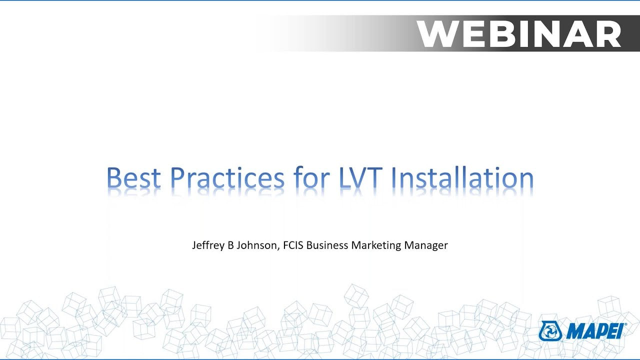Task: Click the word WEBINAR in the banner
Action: pos(519,33)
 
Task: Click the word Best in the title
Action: pos(133,177)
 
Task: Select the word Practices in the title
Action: pos(227,177)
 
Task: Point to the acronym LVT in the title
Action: pos(361,177)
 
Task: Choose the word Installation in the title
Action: pos(462,177)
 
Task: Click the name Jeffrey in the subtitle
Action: pos(208,245)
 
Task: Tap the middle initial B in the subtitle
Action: pos(231,245)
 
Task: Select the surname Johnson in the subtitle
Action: pos(256,245)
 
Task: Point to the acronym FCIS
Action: pos(293,245)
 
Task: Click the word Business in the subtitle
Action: pos(327,245)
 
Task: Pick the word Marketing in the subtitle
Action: pos(376,245)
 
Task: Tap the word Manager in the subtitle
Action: pos(426,245)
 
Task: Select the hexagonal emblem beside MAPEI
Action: pos(550,331)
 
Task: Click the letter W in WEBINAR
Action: pos(437,33)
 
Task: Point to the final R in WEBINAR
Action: pos(609,33)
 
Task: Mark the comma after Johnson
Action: pos(278,249)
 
